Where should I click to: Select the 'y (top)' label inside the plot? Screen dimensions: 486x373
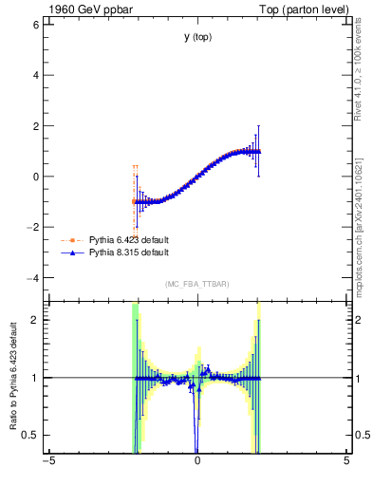pos(197,37)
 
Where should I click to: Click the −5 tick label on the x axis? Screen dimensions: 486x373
pos(48,462)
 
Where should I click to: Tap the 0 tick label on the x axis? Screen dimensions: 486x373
pos(197,462)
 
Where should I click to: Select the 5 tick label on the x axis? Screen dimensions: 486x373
pos(346,462)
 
